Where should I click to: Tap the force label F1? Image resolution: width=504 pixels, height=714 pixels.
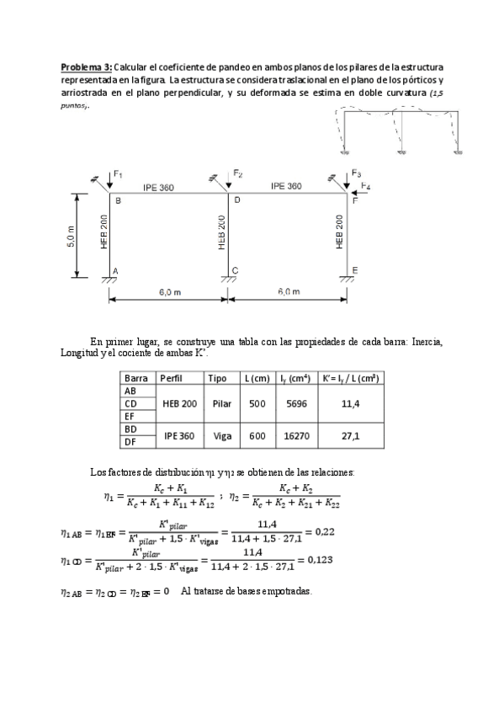[119, 175]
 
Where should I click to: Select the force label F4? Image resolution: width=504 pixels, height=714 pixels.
[365, 186]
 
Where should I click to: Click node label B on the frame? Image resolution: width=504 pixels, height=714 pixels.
[118, 201]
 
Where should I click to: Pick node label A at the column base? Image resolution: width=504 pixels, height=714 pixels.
[115, 270]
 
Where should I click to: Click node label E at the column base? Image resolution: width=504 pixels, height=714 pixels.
[354, 270]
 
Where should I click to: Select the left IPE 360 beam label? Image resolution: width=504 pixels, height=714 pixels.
[158, 187]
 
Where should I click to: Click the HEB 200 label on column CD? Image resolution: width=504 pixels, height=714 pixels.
[221, 232]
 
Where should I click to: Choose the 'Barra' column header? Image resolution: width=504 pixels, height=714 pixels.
[135, 378]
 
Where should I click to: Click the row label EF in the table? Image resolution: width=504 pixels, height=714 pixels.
[130, 416]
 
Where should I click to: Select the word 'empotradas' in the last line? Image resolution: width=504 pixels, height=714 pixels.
[283, 591]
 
